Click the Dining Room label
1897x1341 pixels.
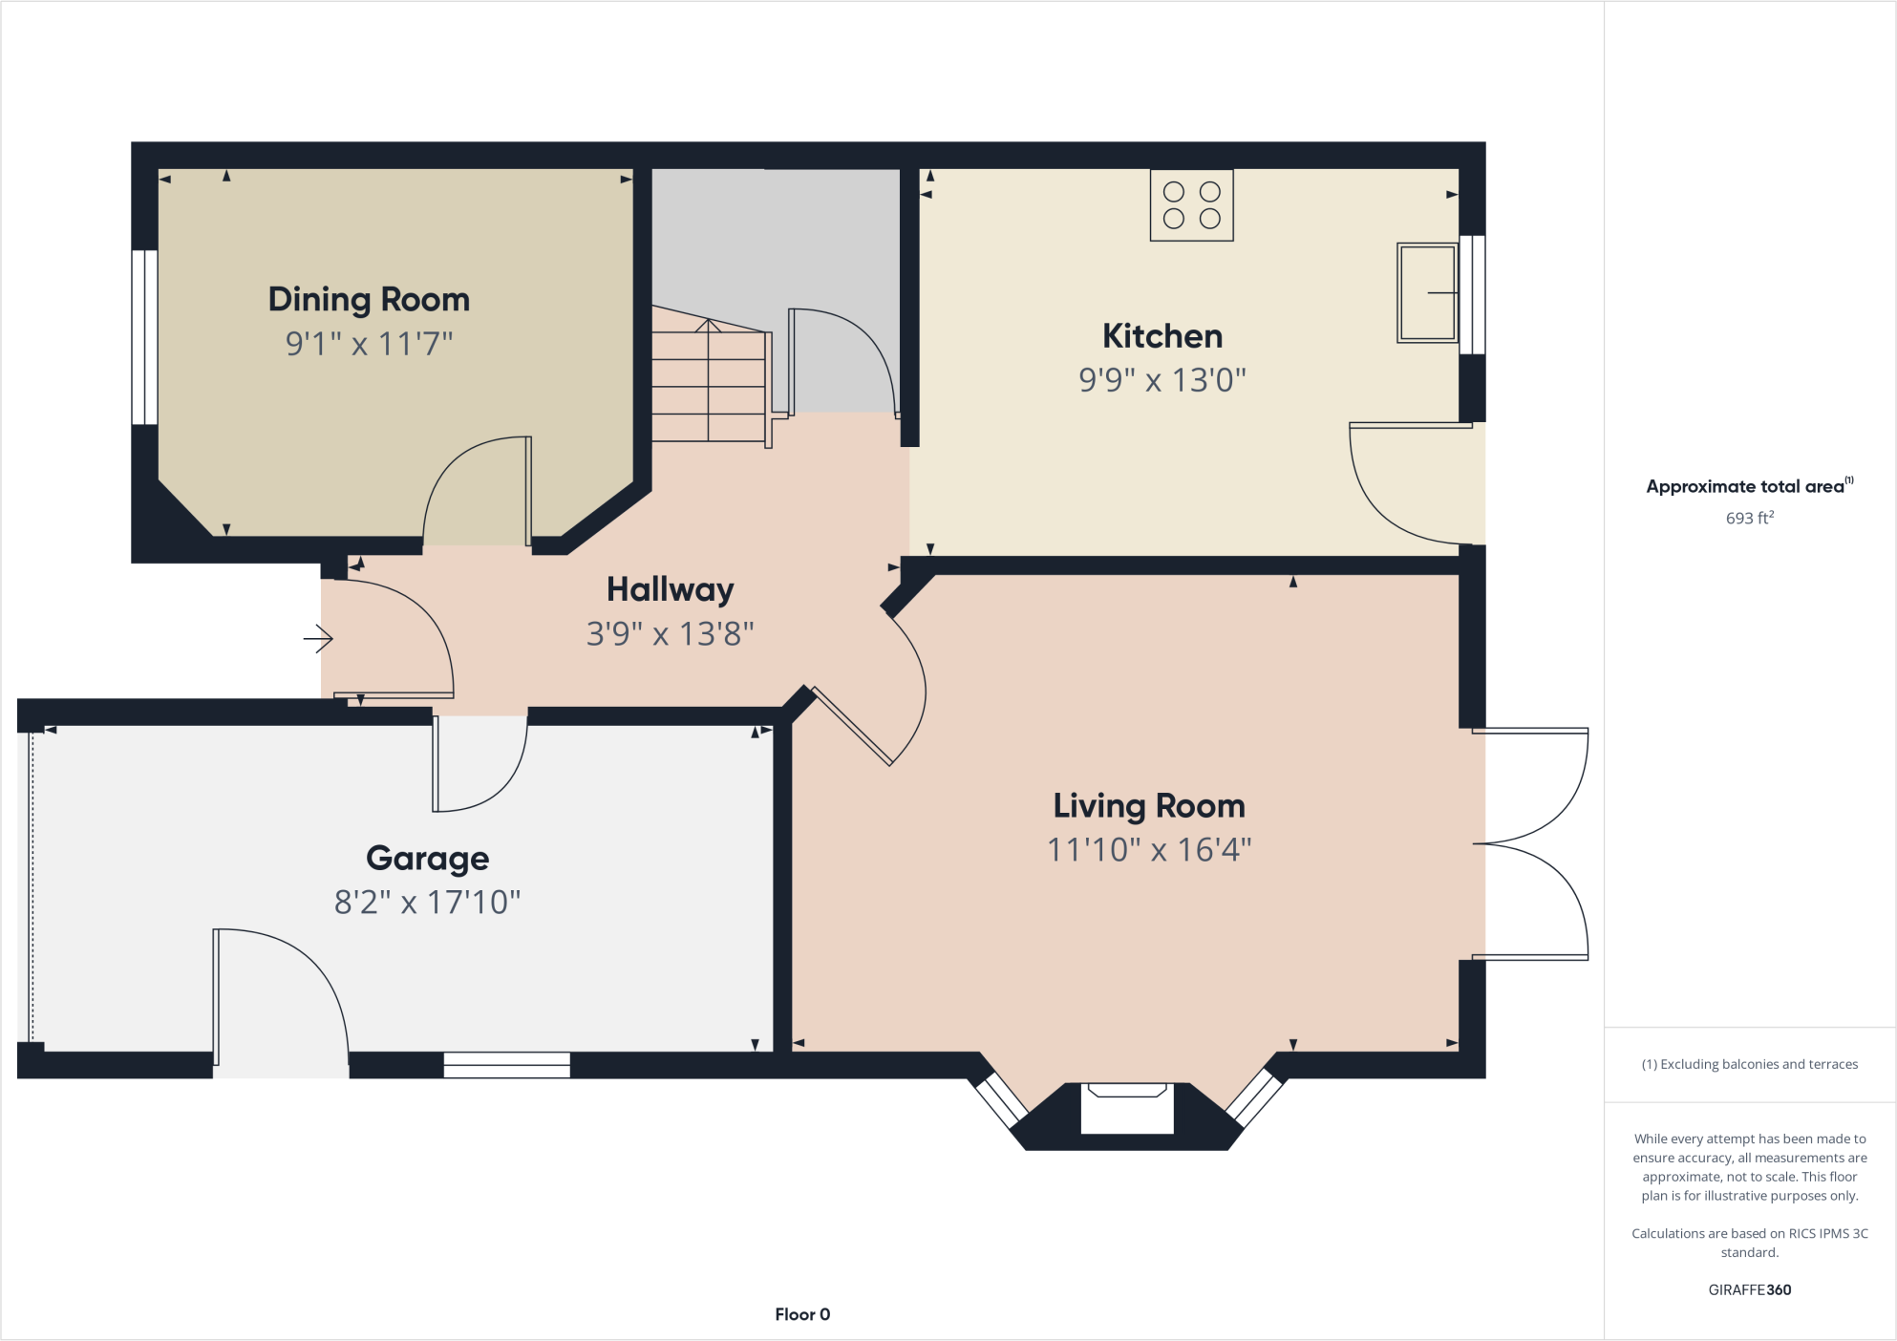(369, 299)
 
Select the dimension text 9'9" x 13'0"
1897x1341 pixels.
(1162, 380)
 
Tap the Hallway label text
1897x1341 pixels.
(670, 590)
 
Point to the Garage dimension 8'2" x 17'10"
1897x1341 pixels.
(427, 902)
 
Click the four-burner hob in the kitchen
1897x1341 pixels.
(1191, 205)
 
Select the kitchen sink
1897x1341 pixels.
(1427, 292)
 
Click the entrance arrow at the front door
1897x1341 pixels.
(318, 638)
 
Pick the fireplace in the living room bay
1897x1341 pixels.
(1126, 1108)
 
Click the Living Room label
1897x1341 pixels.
(1148, 806)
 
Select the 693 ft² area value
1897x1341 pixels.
(1749, 518)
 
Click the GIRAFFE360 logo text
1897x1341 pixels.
(1749, 1289)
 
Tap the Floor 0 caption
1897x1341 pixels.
(802, 1314)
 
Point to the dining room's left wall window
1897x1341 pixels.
(144, 336)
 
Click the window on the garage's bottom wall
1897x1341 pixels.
(506, 1064)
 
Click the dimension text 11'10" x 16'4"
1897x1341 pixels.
(1148, 849)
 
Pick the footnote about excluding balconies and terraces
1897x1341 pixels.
(1749, 1064)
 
